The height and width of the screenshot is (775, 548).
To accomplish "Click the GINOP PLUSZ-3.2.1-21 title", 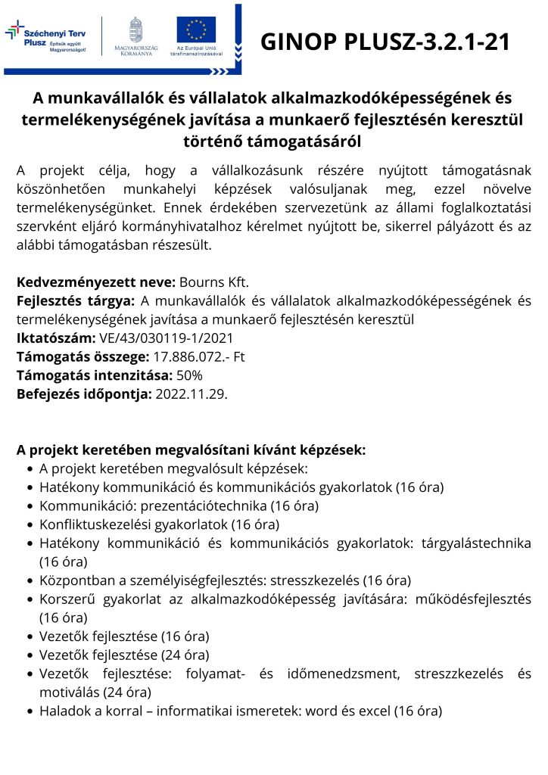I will pyautogui.click(x=385, y=42).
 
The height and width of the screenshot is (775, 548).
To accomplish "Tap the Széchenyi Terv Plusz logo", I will pyautogui.click(x=46, y=38).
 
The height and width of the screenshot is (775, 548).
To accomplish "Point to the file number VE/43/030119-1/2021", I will pyautogui.click(x=166, y=338).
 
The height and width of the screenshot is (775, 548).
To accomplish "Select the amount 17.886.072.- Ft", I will pyautogui.click(x=200, y=356).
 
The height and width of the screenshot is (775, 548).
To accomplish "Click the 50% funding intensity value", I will pyautogui.click(x=189, y=375).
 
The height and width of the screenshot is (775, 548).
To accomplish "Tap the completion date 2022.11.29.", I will pyautogui.click(x=191, y=394).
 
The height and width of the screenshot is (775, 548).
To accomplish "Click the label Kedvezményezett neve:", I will pyautogui.click(x=96, y=282).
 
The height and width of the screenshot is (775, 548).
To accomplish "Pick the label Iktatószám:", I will pyautogui.click(x=55, y=338).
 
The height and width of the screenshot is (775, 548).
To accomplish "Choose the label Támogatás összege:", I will pyautogui.click(x=81, y=356).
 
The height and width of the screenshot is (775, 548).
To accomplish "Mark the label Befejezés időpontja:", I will pyautogui.click(x=84, y=394).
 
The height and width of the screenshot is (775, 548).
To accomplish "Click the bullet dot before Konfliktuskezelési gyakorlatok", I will pyautogui.click(x=30, y=524).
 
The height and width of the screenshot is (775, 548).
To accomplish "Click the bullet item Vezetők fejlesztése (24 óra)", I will pyautogui.click(x=124, y=655).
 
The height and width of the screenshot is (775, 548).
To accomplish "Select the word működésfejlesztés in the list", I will pyautogui.click(x=472, y=599).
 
